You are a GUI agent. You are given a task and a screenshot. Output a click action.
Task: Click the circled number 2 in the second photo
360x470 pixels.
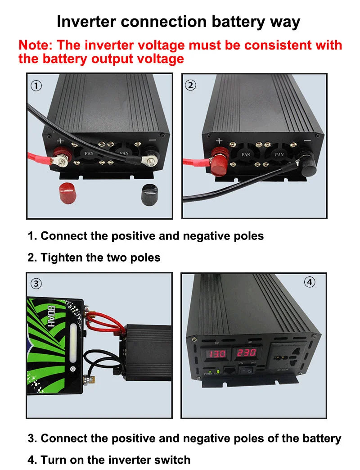[191, 85]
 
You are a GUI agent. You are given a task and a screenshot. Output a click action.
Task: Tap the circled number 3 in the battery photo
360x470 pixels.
[36, 283]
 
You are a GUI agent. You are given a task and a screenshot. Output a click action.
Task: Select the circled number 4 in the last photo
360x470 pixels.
[310, 282]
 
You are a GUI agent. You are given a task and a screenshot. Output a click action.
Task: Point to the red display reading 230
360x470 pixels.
[246, 352]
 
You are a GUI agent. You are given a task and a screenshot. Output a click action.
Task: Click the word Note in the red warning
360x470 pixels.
[36, 45]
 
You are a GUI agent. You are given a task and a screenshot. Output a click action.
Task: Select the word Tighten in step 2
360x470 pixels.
[62, 258]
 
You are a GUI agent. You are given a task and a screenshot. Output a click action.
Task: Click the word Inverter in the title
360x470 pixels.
[86, 21]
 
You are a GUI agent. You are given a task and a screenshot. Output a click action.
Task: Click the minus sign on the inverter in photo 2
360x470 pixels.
[307, 141]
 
